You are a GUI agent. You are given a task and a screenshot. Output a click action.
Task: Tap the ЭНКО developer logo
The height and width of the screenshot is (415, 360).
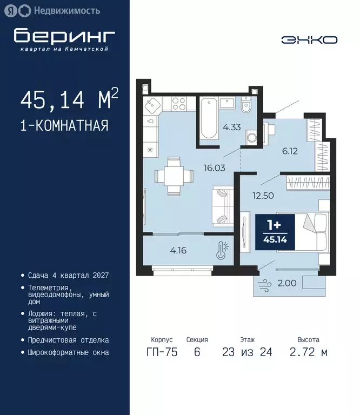coord(309,40)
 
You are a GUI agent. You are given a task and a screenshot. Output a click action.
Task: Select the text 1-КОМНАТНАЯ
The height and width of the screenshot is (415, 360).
coord(64,126)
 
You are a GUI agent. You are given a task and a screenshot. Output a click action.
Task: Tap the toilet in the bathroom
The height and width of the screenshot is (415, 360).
coord(246,105)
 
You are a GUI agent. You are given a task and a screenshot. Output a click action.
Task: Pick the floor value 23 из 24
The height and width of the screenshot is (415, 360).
coord(247,353)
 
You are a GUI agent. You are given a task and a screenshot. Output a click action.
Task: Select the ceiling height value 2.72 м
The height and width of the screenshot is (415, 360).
coord(308,353)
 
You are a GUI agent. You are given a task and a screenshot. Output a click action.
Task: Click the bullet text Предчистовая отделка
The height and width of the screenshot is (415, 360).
coord(68,340)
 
